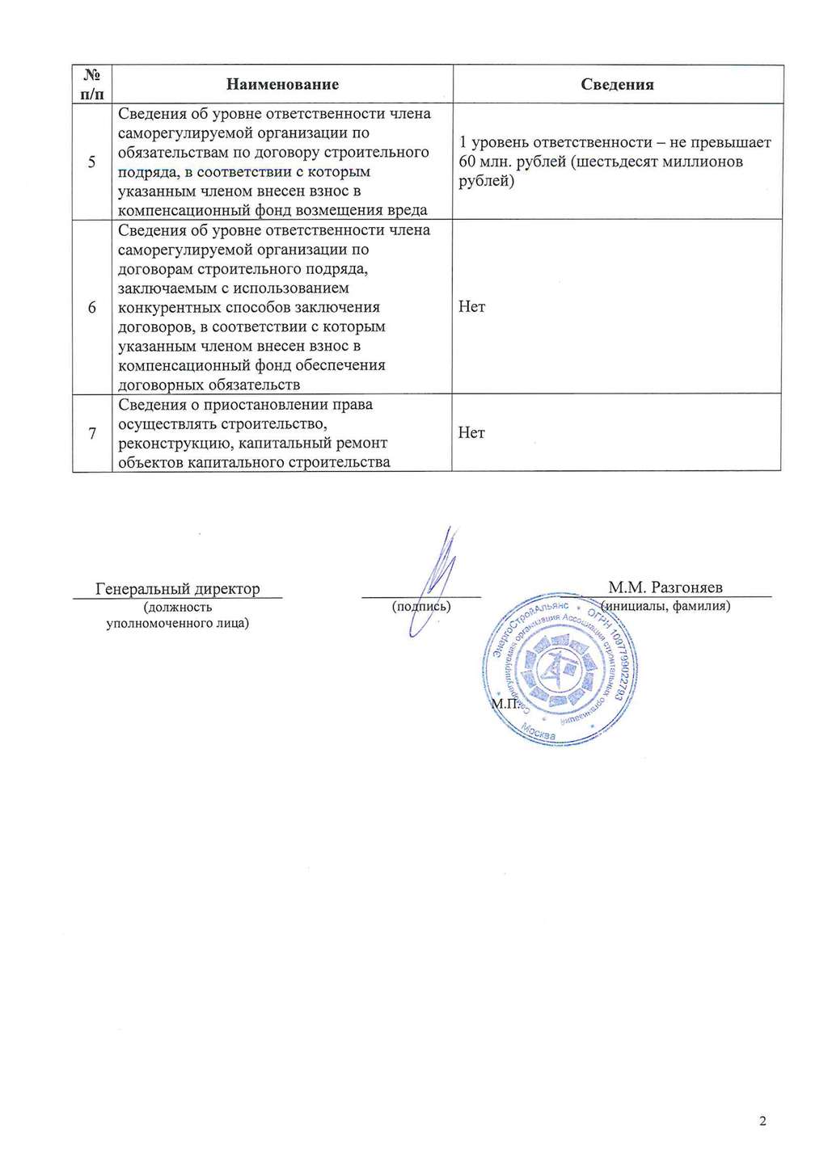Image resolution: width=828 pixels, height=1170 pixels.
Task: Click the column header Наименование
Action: [x=282, y=84]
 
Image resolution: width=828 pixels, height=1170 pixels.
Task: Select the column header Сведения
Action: [x=617, y=84]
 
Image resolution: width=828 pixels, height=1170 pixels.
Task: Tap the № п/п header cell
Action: [x=92, y=84]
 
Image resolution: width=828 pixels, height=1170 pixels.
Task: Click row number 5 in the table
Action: [x=92, y=162]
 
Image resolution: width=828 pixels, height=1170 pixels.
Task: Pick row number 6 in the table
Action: [x=92, y=307]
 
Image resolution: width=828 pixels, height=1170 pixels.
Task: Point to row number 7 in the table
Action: [x=92, y=433]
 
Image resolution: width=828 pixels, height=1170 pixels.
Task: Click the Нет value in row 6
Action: [x=471, y=307]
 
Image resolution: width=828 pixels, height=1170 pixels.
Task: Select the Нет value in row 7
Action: [x=471, y=433]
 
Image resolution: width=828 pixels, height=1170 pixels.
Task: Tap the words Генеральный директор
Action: [x=178, y=588]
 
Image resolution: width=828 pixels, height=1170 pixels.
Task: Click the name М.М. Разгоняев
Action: [x=665, y=587]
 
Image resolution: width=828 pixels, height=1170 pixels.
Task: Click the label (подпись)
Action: [x=420, y=606]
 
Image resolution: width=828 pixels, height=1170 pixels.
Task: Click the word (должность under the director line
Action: [x=178, y=607]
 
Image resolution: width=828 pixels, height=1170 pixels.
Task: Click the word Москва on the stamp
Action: [x=539, y=732]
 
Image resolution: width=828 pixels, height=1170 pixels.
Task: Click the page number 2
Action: [x=763, y=1121]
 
